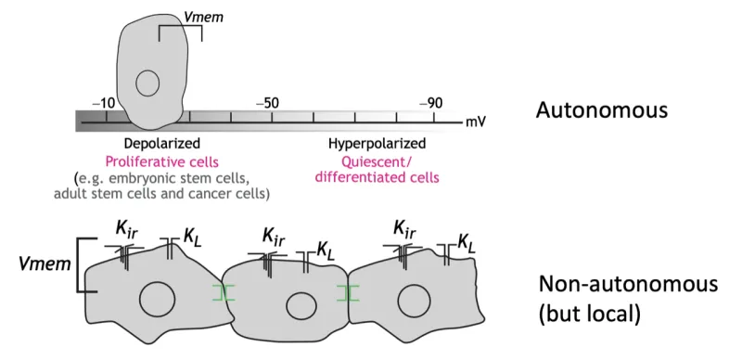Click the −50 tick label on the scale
tap(267, 101)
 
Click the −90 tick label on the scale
tap(430, 101)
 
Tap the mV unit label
tap(476, 122)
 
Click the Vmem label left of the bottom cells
tap(43, 264)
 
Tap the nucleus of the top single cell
tap(147, 84)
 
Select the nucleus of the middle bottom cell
tap(300, 305)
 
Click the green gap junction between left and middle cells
tap(223, 293)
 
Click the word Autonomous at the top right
tap(601, 110)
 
